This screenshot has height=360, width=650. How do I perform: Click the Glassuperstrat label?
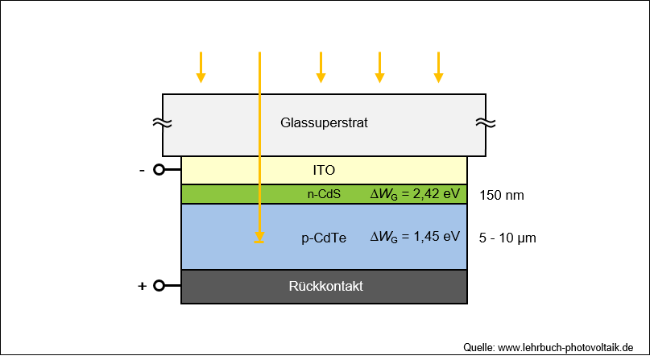324,123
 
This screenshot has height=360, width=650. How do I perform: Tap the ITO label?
324,170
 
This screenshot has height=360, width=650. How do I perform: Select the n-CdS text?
324,194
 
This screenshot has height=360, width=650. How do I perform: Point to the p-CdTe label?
324,238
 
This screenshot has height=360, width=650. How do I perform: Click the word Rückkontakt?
326,286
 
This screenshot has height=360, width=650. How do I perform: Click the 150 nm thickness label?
502,195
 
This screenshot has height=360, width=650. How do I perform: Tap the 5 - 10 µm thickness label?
507,238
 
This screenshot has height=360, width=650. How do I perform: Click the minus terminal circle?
159,170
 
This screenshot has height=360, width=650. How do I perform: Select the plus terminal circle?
159,286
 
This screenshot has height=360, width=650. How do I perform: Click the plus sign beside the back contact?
143,286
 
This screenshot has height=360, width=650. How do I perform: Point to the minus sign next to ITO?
143,170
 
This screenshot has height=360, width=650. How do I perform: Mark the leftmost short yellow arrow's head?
201,78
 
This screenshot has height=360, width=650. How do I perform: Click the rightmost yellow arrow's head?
439,78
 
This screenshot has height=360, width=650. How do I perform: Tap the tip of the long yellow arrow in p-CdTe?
259,242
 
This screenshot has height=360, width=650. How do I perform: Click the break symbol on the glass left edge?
162,122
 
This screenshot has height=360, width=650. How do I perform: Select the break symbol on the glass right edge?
486,122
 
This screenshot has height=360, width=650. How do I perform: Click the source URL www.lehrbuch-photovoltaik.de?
565,348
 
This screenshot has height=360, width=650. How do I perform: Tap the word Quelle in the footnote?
478,348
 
